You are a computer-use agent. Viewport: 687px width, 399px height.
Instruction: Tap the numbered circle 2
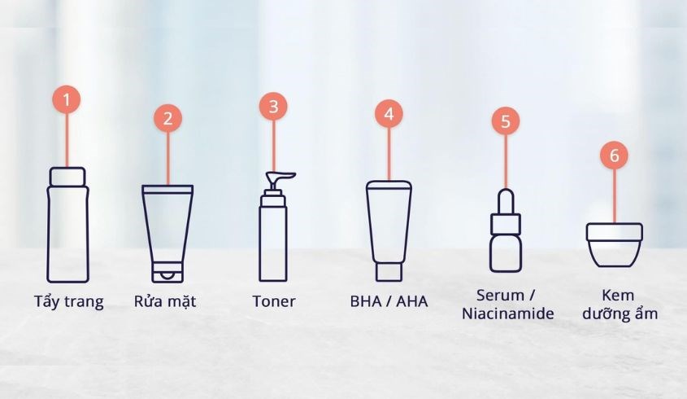click(167, 117)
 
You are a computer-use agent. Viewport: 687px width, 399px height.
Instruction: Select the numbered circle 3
click(273, 106)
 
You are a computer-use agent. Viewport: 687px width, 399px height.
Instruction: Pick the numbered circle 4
click(389, 114)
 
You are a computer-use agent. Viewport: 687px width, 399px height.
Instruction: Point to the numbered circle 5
click(505, 121)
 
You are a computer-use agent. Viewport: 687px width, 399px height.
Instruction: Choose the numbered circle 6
click(614, 155)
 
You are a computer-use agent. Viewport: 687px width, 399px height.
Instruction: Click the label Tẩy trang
click(70, 302)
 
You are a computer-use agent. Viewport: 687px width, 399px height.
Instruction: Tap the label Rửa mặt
click(165, 302)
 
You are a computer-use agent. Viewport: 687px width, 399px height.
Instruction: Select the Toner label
click(273, 301)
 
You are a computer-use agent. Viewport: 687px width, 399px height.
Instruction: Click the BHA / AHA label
click(389, 301)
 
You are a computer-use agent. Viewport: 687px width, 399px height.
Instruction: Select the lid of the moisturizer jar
click(615, 232)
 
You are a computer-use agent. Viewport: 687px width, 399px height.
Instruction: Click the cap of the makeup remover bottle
click(67, 176)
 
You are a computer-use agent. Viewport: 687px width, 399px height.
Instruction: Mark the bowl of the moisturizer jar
click(615, 253)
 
